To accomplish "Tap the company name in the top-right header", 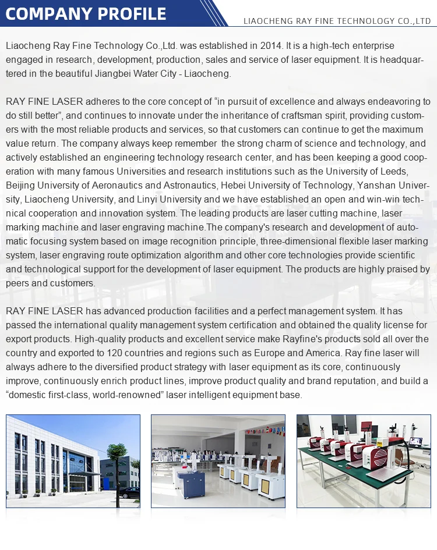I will (337, 22).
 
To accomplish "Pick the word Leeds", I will (394, 171).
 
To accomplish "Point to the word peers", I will (17, 283).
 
